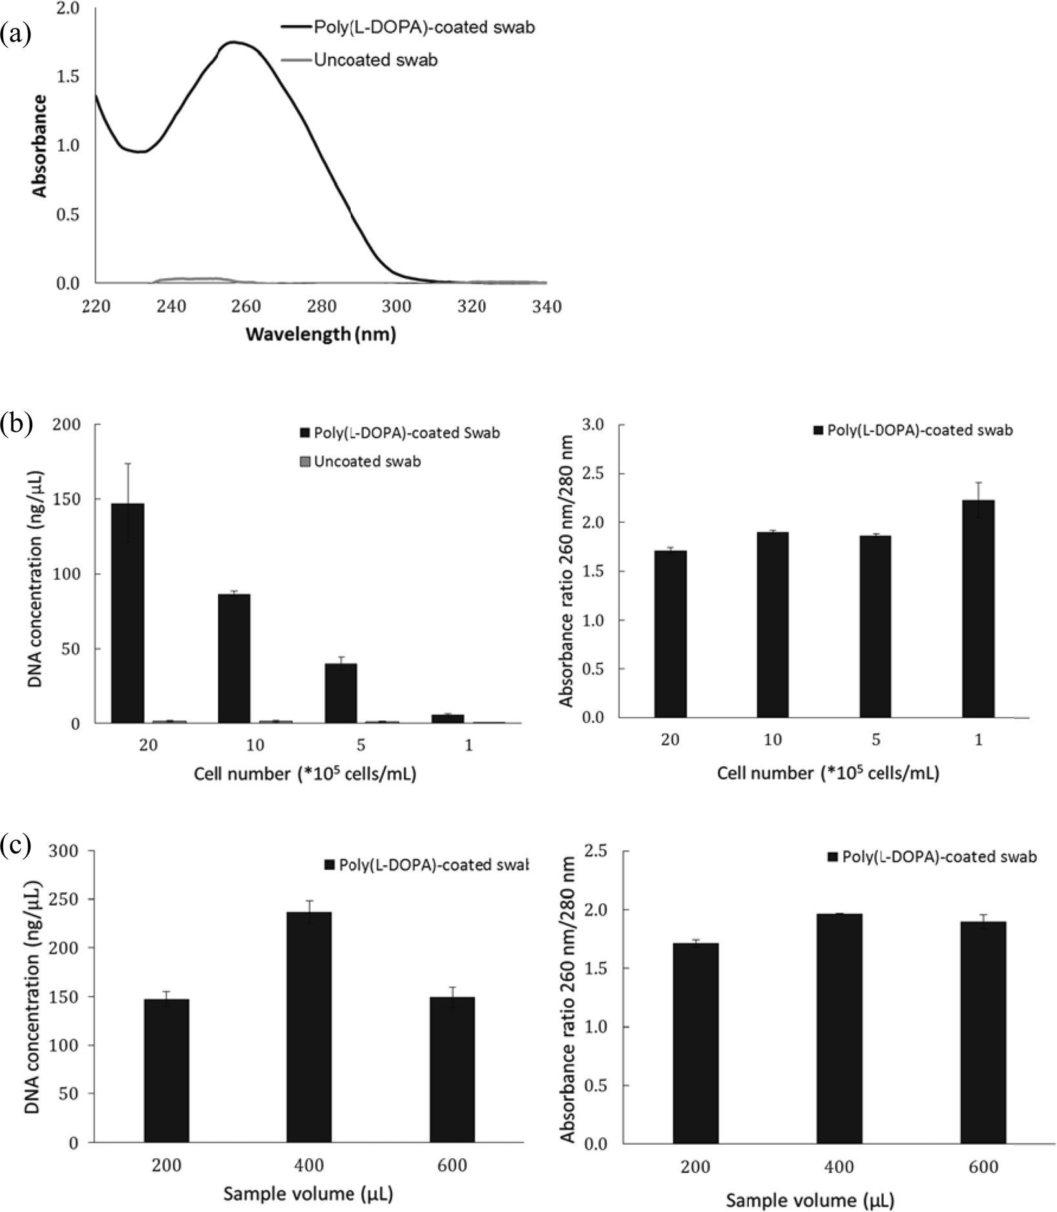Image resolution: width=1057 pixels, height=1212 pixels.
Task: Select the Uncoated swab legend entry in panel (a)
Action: click(375, 60)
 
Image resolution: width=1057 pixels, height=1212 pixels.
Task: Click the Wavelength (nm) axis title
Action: click(320, 335)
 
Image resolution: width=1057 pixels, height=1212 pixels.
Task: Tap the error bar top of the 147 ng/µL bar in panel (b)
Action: click(128, 464)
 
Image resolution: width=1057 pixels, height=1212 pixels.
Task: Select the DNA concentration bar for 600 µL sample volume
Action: click(452, 1070)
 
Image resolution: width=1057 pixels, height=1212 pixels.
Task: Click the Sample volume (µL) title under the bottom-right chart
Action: click(810, 1200)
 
